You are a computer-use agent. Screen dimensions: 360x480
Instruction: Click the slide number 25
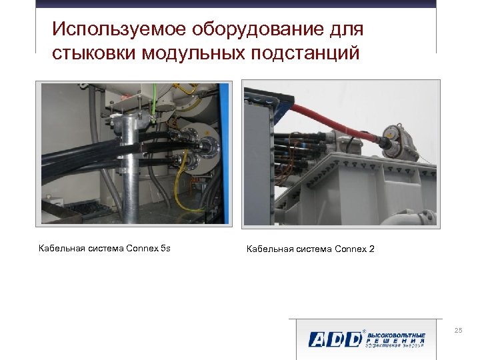(457, 331)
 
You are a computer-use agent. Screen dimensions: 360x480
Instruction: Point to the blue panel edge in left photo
(224, 153)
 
